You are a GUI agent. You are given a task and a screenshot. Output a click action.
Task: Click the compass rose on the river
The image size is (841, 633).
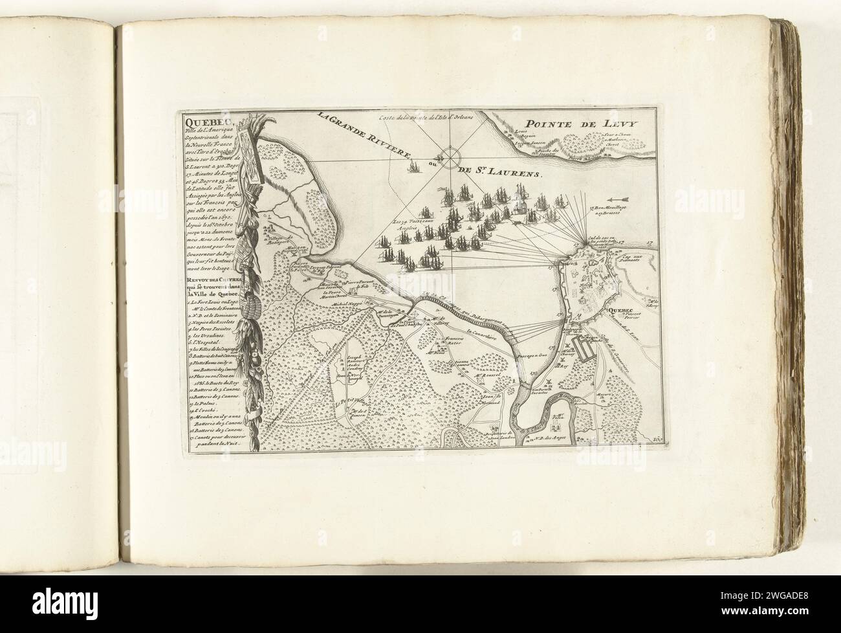click(x=446, y=155)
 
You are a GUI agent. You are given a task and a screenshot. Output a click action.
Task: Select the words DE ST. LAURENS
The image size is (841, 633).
click(x=501, y=173)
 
